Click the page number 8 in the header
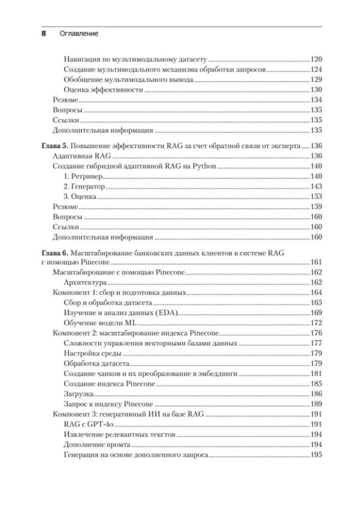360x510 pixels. (x=44, y=33)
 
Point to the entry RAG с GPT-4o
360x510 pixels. (x=89, y=424)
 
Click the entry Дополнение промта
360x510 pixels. (x=97, y=445)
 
